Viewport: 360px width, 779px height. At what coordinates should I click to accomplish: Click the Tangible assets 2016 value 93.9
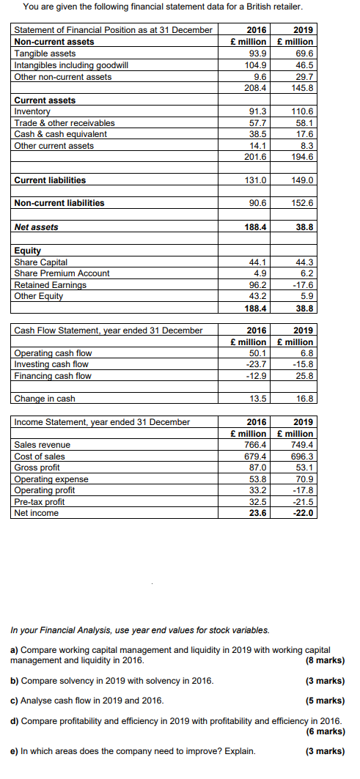[x=257, y=53]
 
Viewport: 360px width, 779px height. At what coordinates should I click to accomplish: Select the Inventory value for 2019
[x=303, y=111]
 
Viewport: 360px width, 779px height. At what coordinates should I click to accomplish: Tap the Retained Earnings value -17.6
[x=302, y=285]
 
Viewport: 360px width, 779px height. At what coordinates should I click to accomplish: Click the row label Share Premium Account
[x=62, y=273]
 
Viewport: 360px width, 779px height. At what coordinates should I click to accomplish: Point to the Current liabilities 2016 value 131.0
[x=256, y=180]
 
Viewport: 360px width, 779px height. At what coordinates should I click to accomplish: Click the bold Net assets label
[x=36, y=227]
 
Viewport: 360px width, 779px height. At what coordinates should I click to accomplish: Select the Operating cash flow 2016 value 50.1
[x=257, y=353]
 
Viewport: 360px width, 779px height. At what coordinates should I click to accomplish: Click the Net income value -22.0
[x=302, y=513]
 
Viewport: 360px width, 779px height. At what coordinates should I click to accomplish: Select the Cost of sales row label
[x=40, y=457]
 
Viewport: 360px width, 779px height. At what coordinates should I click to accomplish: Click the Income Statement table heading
[x=102, y=422]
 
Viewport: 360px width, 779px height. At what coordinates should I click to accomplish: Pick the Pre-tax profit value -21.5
[x=302, y=502]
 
